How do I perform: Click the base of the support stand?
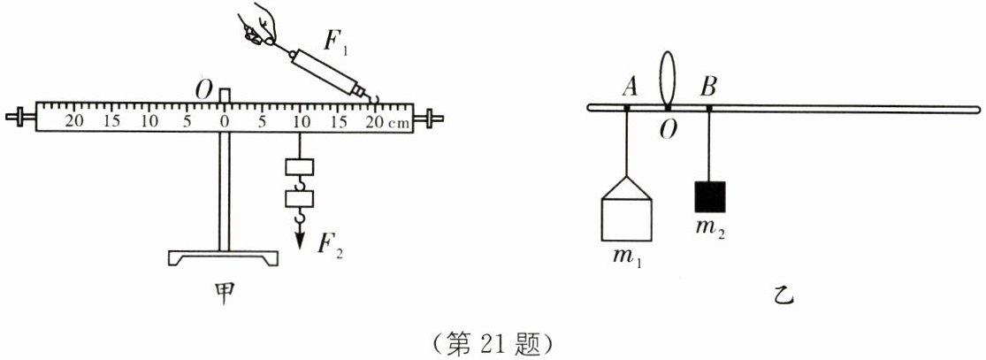click(223, 257)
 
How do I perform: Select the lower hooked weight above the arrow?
click(299, 198)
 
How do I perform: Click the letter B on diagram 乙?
click(708, 86)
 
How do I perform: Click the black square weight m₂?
click(709, 196)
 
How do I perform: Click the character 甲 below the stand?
click(225, 293)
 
